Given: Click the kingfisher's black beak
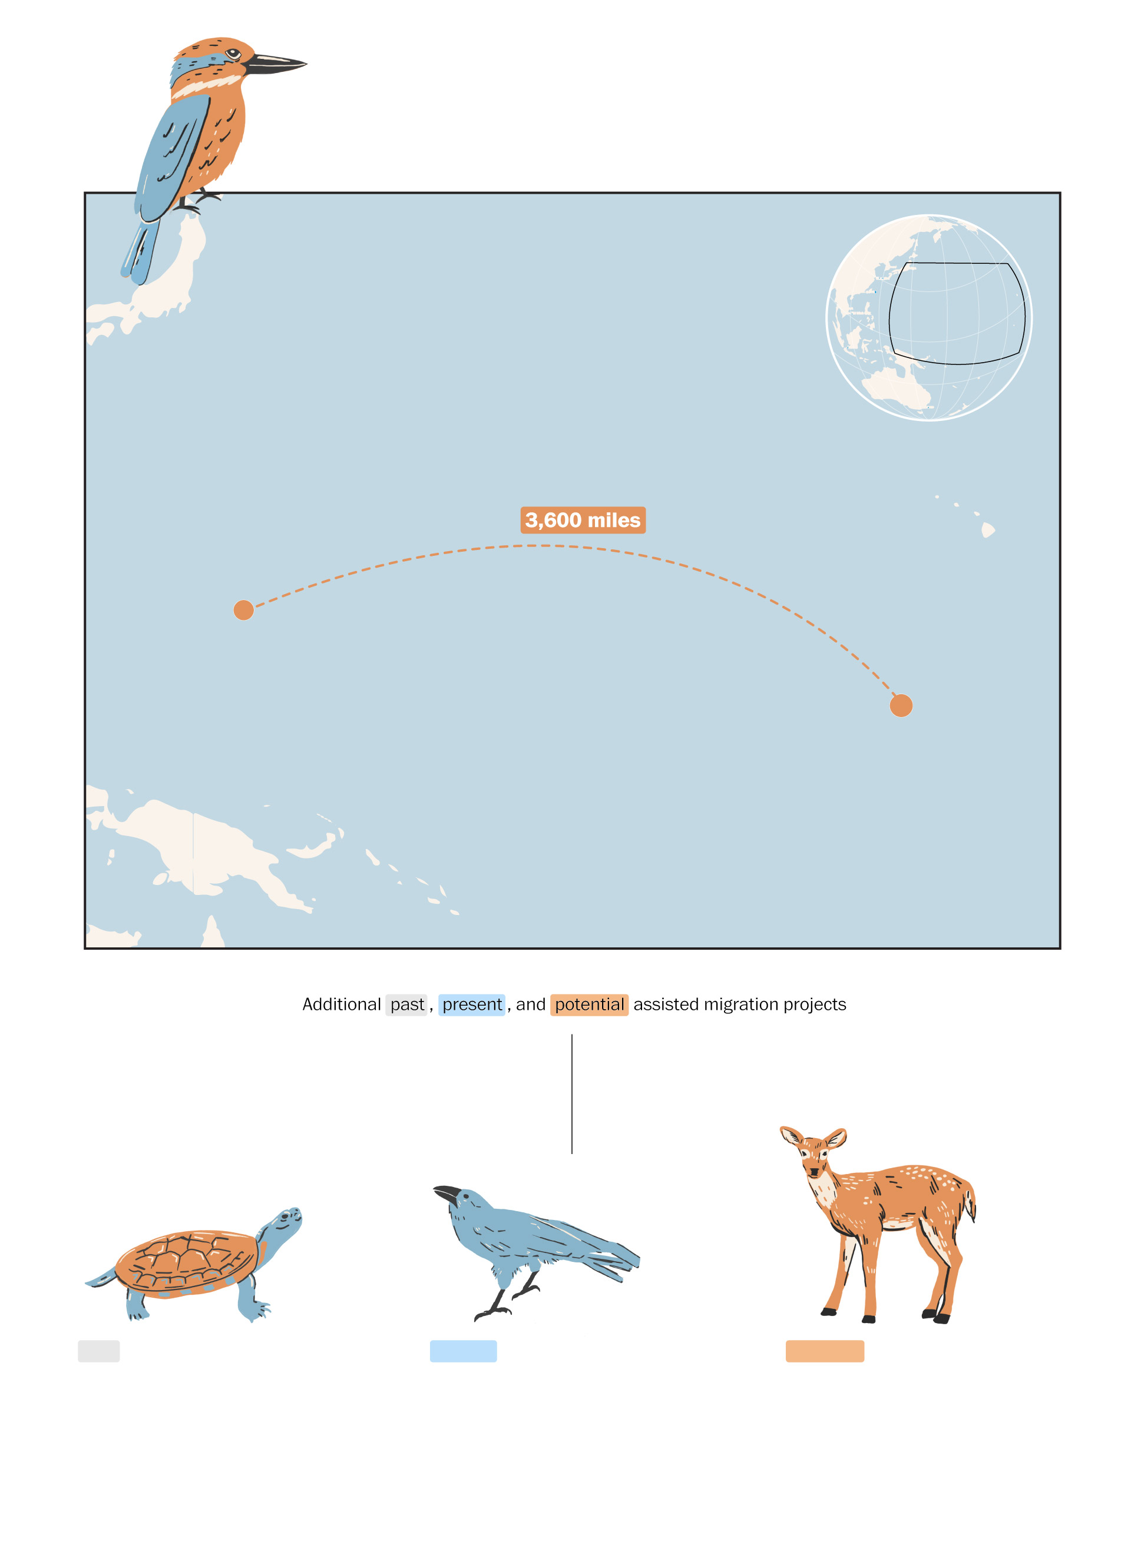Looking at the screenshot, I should coord(274,64).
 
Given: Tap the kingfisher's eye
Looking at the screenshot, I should coord(233,54).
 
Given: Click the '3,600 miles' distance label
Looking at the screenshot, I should coord(583,520).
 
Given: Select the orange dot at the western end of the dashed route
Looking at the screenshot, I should coord(244,609).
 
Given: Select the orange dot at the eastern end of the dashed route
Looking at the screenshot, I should coord(901,705).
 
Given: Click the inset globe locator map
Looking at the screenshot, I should coord(929,317).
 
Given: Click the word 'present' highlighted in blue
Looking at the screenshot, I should coord(472,1004).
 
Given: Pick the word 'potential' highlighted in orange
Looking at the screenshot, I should coord(589,1004).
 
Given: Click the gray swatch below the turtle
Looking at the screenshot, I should coord(98,1351).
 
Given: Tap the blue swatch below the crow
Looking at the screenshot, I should coord(463,1351).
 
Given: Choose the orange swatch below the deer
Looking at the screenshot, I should coord(824,1351).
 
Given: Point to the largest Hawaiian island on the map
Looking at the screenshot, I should coord(988,529).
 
